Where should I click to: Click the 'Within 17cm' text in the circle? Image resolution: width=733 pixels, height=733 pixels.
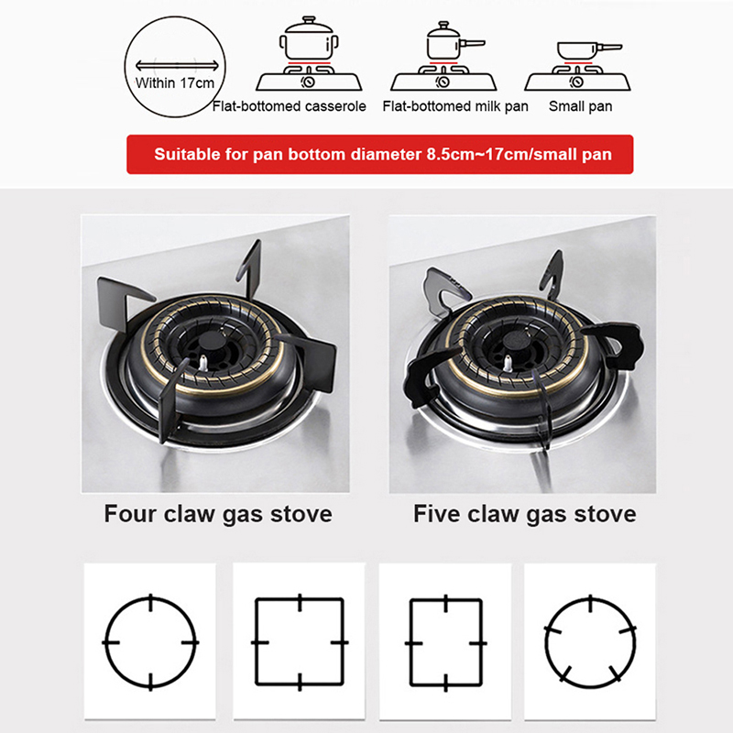[x=175, y=83]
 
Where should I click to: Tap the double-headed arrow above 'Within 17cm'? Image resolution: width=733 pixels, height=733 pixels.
[x=177, y=65]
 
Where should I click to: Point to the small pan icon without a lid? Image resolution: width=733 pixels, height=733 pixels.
[x=589, y=50]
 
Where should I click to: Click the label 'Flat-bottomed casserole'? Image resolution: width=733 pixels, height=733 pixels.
[x=289, y=106]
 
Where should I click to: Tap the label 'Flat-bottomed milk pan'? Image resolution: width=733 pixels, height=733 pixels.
[x=455, y=106]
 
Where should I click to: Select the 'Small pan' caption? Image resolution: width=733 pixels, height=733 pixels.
[x=580, y=106]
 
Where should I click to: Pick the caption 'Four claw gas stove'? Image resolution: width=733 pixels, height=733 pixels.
[x=218, y=514]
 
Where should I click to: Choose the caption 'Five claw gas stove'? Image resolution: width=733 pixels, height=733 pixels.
[x=524, y=514]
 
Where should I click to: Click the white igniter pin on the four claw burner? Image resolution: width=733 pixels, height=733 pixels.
[x=203, y=363]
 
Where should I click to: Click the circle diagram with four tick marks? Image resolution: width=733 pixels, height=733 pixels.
[x=150, y=642]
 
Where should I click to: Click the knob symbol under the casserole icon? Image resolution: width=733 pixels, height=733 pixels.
[x=309, y=82]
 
